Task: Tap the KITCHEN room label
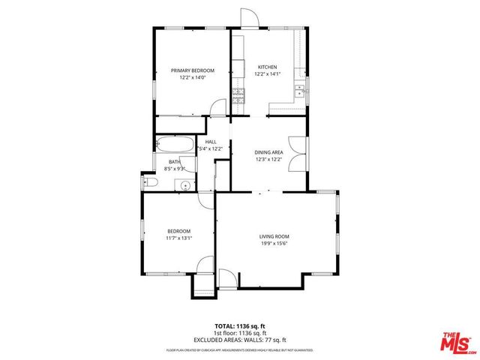(x=268, y=66)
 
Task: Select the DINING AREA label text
(x=268, y=151)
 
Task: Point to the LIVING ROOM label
(x=274, y=236)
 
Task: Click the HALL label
(x=211, y=142)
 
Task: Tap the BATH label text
(x=174, y=161)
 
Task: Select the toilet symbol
(x=148, y=182)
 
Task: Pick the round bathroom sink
(x=184, y=184)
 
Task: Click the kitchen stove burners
(x=239, y=94)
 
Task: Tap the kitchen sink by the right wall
(x=299, y=91)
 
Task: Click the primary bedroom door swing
(x=217, y=108)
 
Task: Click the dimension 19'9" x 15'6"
(x=274, y=244)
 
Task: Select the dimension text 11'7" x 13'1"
(x=179, y=238)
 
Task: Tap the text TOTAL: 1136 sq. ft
(x=240, y=326)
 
